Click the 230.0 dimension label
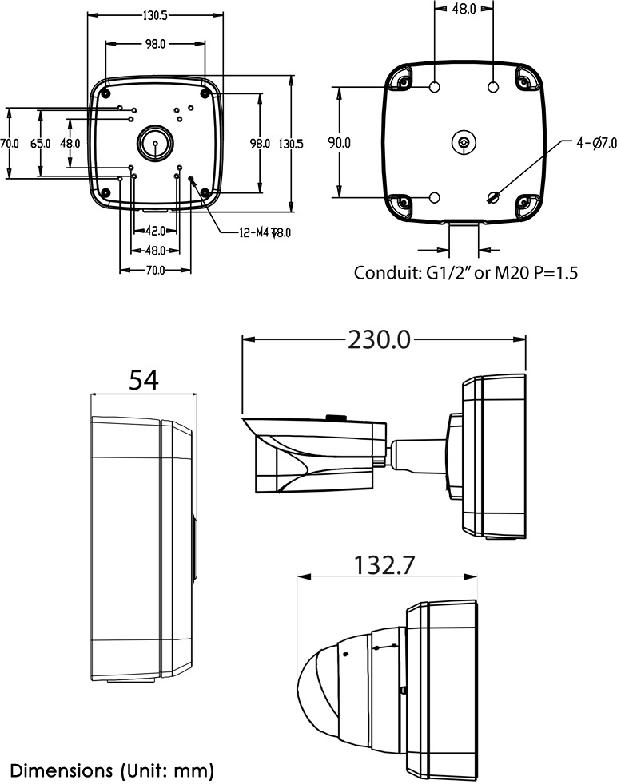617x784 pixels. pos(379,339)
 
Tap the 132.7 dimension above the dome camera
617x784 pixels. pos(384,565)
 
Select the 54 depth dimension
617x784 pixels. pos(144,381)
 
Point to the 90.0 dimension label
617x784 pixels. pos(340,143)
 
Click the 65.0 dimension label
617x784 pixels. pos(40,144)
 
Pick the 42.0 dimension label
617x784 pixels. pos(155,231)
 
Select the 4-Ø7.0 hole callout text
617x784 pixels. pos(596,143)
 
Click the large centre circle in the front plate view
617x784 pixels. pos(153,144)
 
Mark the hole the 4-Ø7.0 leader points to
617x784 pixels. pos(493,196)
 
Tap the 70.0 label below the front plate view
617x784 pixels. pos(155,270)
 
